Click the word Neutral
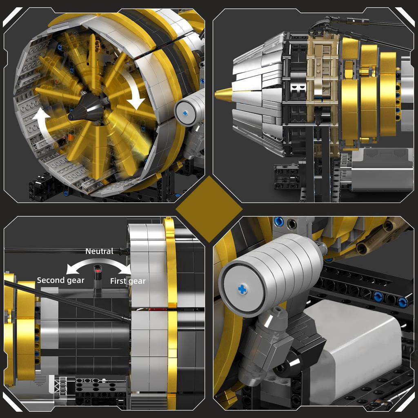tap(99, 251)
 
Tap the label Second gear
tap(60, 280)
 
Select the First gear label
tap(128, 281)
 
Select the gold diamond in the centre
tap(209, 209)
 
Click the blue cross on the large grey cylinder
tap(242, 289)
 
